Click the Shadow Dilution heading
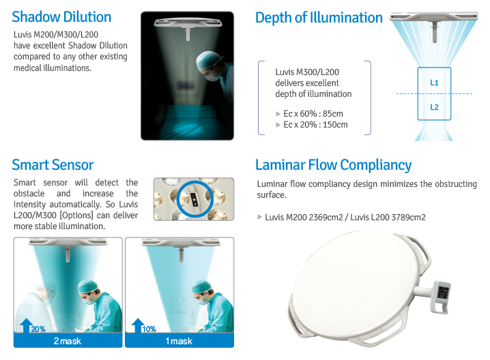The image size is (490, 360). pos(61,17)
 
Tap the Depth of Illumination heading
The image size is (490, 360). pos(319,18)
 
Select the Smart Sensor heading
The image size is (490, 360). pos(53,164)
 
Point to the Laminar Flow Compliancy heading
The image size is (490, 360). pos(334,165)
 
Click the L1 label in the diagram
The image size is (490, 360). pos(434,82)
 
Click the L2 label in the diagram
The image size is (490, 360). pos(434,107)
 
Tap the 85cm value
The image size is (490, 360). pos(333,114)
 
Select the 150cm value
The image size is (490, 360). pos(335,125)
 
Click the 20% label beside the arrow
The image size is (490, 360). pos(38,329)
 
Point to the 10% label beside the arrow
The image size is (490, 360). pos(149,329)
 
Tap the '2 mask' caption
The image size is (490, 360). pos(68,341)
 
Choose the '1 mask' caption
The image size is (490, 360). pos(179,341)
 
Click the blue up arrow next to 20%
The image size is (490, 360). pos(26,325)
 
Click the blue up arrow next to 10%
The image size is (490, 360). pos(137,325)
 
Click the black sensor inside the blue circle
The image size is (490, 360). pos(194,199)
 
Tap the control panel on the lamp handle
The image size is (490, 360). pos(442,292)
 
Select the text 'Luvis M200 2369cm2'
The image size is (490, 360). pos(304,217)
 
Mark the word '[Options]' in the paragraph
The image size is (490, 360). pos(76,215)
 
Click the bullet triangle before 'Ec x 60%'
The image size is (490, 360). pos(278,114)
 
